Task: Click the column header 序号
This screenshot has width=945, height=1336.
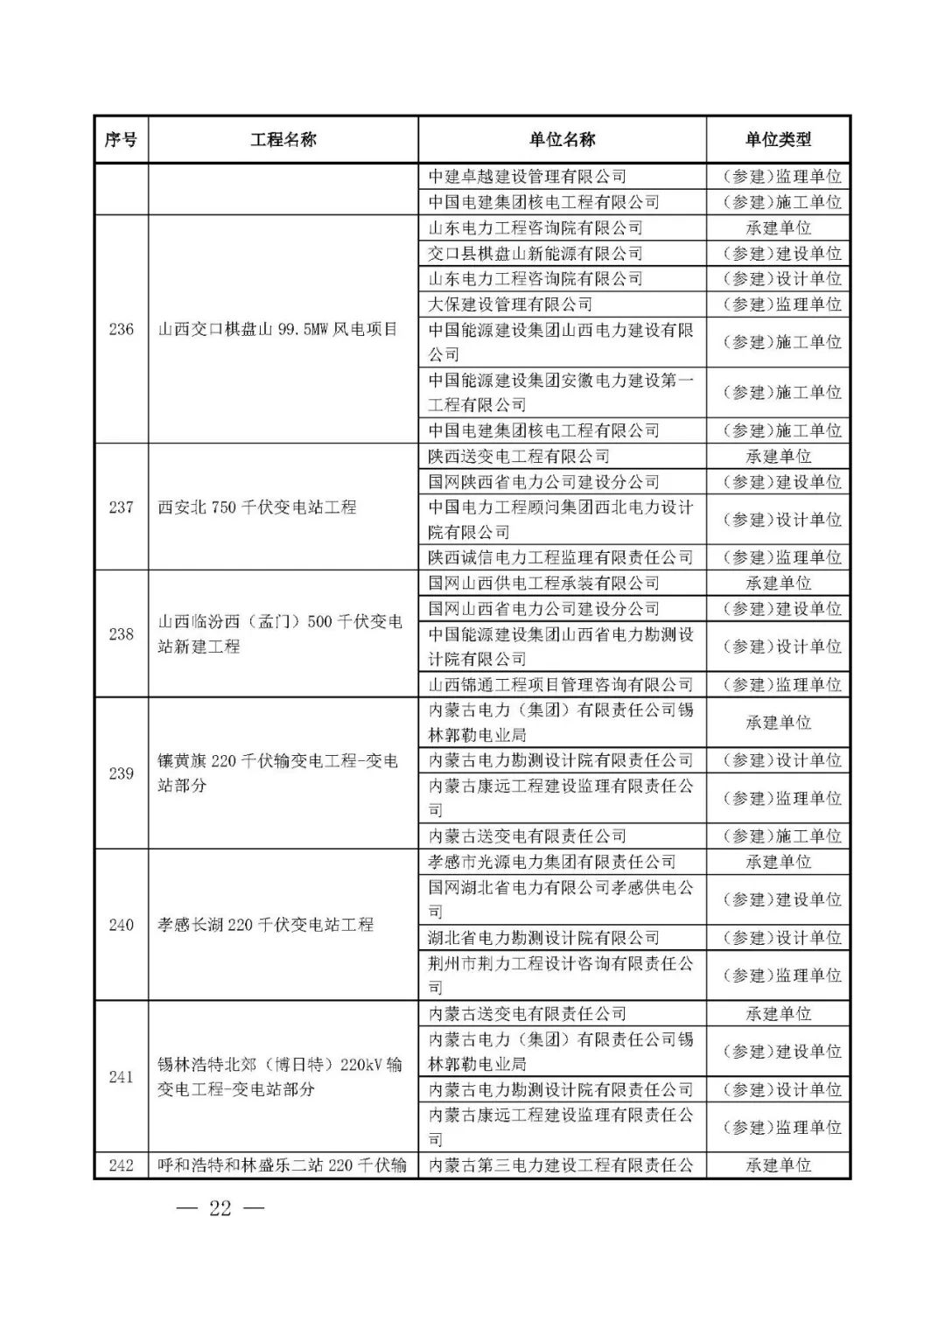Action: click(x=121, y=139)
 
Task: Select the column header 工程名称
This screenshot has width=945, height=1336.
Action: click(x=283, y=139)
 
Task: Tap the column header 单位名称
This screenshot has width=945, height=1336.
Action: click(x=562, y=139)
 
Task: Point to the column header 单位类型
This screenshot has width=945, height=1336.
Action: click(x=778, y=139)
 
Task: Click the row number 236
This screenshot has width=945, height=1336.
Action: click(x=121, y=329)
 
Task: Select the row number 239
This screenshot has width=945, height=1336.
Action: click(x=121, y=773)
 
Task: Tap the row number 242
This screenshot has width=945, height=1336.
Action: click(x=121, y=1165)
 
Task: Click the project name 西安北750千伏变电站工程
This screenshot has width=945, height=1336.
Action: click(x=257, y=507)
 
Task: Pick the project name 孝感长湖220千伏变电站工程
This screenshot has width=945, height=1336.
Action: click(x=265, y=925)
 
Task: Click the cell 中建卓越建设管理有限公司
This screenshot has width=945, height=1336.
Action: click(x=527, y=176)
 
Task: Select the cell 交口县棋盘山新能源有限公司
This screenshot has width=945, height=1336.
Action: click(x=535, y=253)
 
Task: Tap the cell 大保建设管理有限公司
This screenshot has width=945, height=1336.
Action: click(x=510, y=304)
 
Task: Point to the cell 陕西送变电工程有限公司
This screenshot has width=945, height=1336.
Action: click(x=518, y=456)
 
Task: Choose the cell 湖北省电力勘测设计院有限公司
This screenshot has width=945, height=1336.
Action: click(x=543, y=937)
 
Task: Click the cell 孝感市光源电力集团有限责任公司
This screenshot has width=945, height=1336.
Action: click(x=551, y=862)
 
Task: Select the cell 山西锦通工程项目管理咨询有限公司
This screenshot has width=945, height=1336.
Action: click(x=560, y=684)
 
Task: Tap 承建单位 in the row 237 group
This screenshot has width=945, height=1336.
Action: click(x=778, y=456)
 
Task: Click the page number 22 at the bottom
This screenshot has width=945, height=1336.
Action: click(x=220, y=1209)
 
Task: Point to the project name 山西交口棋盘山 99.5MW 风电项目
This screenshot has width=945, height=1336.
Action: click(x=277, y=329)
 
